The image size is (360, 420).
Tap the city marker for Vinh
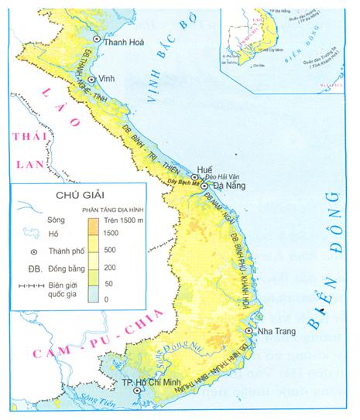[93, 79]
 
